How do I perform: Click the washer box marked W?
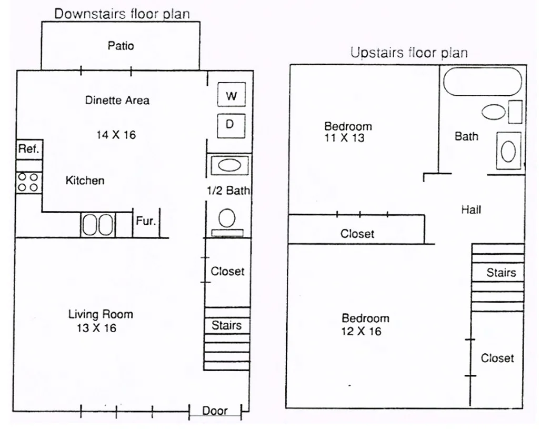point(231,94)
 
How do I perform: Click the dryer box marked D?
point(231,125)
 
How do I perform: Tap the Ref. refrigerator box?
point(29,149)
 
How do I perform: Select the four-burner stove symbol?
point(29,182)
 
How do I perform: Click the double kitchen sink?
point(98,225)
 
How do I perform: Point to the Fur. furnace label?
point(146,221)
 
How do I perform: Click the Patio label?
point(121,46)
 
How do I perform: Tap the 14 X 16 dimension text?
point(116,135)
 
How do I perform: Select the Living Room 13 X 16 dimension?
point(96,328)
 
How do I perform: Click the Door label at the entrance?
point(215,411)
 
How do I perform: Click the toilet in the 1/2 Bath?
point(227,223)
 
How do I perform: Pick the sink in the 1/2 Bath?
point(229,165)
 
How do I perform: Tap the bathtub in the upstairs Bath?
point(483,82)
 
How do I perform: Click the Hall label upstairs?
point(471,209)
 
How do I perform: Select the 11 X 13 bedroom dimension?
point(344,138)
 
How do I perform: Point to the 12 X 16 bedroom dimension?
point(361,331)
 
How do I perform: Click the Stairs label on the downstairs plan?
point(226,325)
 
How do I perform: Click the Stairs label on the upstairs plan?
point(501,273)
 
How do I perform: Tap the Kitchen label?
point(85,181)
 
